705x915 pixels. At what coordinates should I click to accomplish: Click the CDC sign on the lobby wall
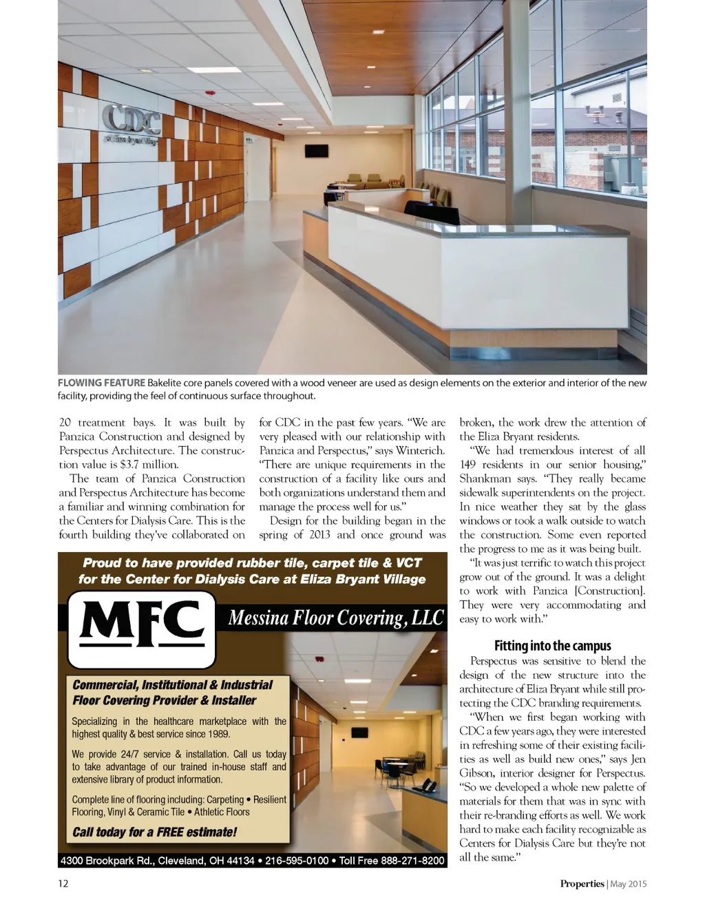[x=131, y=120]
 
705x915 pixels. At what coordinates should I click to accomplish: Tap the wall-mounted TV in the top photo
[x=317, y=151]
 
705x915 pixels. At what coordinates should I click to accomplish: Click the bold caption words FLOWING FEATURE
[x=101, y=383]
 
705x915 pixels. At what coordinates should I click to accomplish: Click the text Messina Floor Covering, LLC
[x=335, y=618]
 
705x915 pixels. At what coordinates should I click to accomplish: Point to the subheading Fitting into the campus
[x=552, y=645]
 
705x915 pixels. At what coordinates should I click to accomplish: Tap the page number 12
[x=63, y=883]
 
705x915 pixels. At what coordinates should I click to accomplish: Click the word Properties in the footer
[x=582, y=883]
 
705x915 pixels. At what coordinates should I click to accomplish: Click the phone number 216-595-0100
[x=297, y=861]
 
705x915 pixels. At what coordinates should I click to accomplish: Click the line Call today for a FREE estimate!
[x=154, y=832]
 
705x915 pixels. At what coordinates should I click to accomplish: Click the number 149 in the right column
[x=467, y=465]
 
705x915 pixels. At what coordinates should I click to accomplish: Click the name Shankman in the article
[x=485, y=478]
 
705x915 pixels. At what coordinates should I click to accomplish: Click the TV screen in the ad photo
[x=359, y=732]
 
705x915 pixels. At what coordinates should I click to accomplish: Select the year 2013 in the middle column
[x=319, y=535]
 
